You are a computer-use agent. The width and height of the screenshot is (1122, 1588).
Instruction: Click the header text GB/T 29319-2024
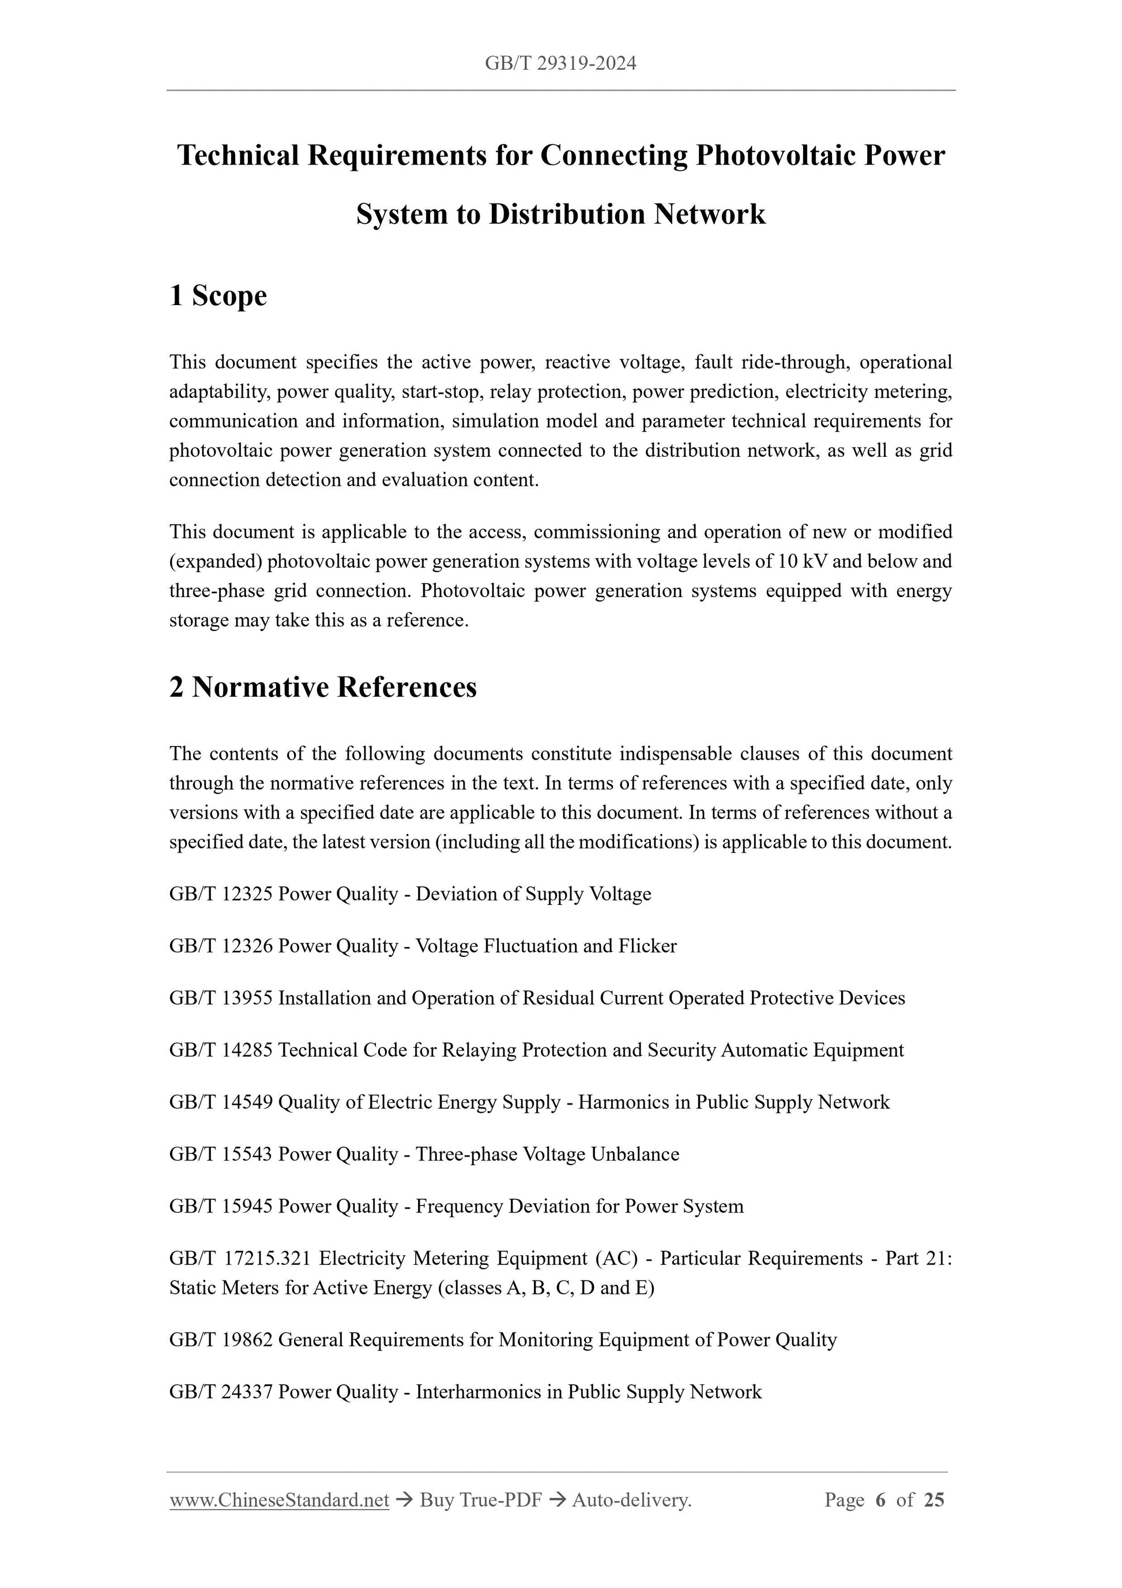pyautogui.click(x=560, y=63)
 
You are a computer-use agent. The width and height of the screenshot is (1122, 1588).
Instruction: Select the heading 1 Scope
pyautogui.click(x=218, y=295)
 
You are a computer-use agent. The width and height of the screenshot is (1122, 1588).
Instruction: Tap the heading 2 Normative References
pyautogui.click(x=323, y=687)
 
